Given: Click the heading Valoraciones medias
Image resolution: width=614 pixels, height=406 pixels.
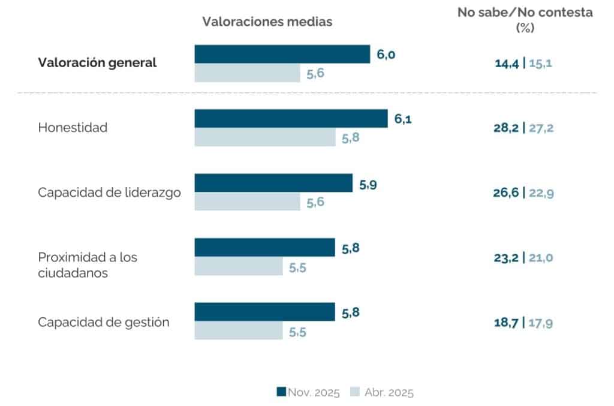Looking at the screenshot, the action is (x=267, y=22).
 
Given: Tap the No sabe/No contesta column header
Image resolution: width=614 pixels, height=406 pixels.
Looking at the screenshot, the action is (x=525, y=19).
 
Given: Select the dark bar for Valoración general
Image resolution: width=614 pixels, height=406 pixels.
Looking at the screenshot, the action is (x=282, y=54).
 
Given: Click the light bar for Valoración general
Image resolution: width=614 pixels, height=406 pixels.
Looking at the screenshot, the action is (x=248, y=73).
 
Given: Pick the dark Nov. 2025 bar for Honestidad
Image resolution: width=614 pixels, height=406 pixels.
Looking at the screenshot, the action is (x=291, y=118).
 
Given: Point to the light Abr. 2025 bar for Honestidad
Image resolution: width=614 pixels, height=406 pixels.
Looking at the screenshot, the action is (x=265, y=137).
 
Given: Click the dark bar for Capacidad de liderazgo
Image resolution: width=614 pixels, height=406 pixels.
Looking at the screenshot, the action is (x=273, y=183).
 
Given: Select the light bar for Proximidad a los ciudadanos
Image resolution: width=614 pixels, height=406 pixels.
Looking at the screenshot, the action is (x=239, y=266).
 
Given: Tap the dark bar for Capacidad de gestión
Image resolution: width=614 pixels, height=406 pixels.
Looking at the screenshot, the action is (x=264, y=312).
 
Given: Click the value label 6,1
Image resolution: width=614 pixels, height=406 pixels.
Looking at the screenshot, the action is (x=403, y=119).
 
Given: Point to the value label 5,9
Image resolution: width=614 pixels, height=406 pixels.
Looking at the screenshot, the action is (x=368, y=184).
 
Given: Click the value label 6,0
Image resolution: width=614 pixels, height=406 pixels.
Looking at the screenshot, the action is (x=386, y=54).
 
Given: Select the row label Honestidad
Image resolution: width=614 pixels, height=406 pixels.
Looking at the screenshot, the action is (x=73, y=127).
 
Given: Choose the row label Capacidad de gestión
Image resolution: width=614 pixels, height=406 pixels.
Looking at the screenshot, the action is (x=104, y=322).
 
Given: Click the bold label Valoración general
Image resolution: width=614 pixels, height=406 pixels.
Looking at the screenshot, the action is (x=97, y=62).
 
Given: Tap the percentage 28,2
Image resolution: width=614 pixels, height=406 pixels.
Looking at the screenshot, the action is (x=506, y=128).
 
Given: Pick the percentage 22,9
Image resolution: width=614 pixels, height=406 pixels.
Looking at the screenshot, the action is (x=541, y=193).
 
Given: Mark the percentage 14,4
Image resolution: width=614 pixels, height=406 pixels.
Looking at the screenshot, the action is (x=507, y=63).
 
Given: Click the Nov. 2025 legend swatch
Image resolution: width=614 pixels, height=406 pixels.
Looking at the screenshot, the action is (x=281, y=392).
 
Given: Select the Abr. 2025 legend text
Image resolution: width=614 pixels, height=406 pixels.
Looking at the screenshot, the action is (x=389, y=392).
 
